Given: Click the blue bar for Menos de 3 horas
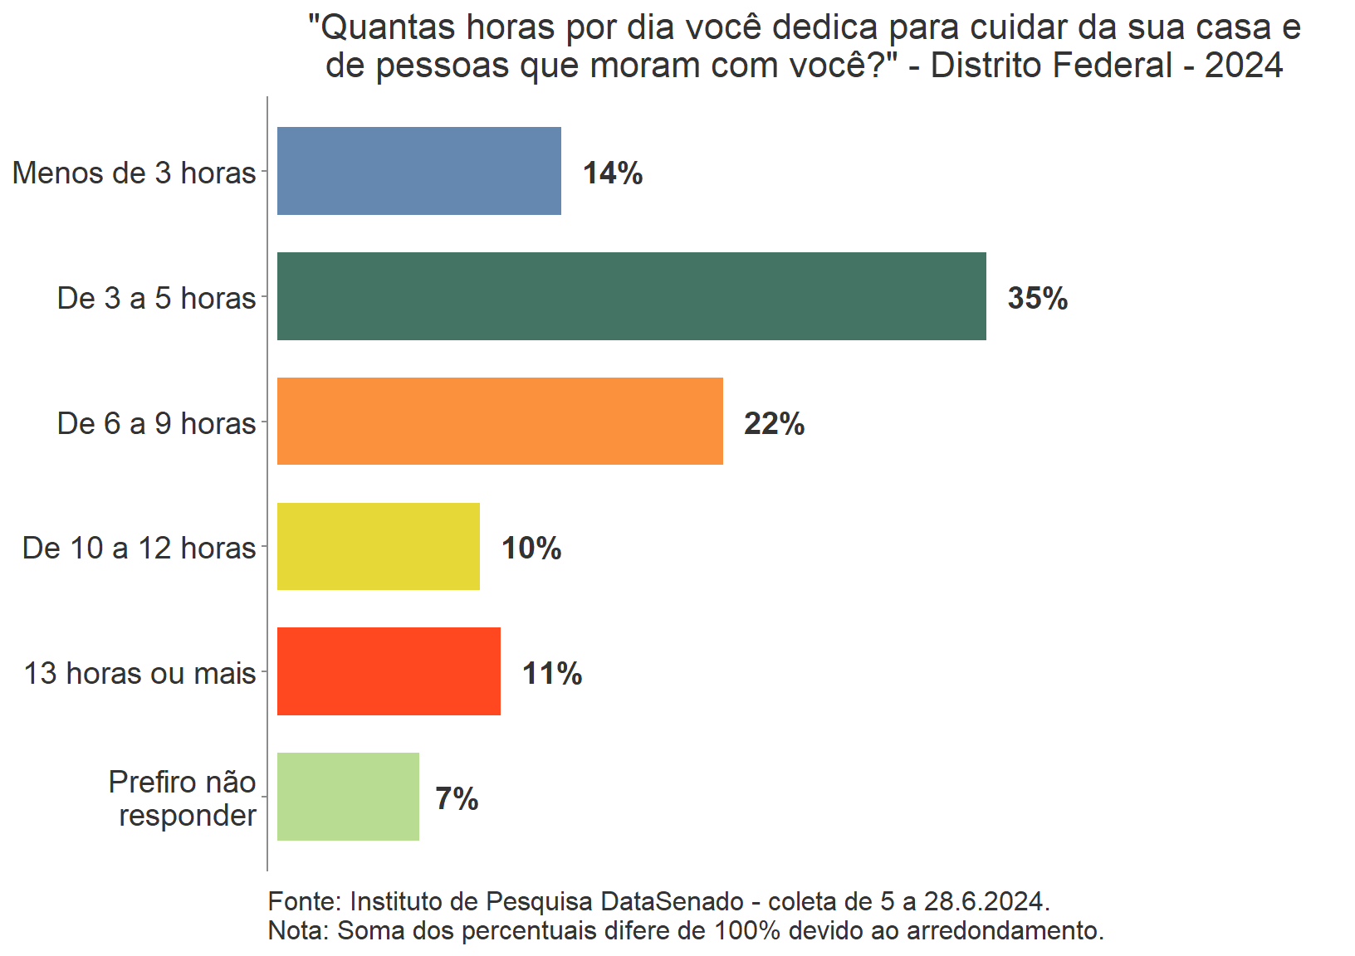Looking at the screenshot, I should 418,171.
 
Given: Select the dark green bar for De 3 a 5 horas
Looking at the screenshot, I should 631,296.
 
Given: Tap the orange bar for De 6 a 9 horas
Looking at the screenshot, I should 500,422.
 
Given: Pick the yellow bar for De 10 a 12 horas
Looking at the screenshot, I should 378,547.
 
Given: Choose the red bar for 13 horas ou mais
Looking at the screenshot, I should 389,671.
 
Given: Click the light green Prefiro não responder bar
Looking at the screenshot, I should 348,797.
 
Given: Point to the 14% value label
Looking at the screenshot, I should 613,173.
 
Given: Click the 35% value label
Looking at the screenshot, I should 1038,298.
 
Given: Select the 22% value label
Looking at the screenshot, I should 774,423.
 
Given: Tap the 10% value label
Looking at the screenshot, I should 531,549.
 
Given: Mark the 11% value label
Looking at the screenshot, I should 552,673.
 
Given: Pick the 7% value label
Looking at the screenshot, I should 457,798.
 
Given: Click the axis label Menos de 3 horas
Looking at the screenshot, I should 134,173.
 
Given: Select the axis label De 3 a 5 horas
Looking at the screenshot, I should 156,298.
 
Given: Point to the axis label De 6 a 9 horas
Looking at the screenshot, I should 156,423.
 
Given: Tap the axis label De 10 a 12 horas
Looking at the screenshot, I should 139,548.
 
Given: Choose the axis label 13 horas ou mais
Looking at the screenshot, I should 139,673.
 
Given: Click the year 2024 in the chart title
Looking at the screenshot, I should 1243,66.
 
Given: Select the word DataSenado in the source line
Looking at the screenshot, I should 672,901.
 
